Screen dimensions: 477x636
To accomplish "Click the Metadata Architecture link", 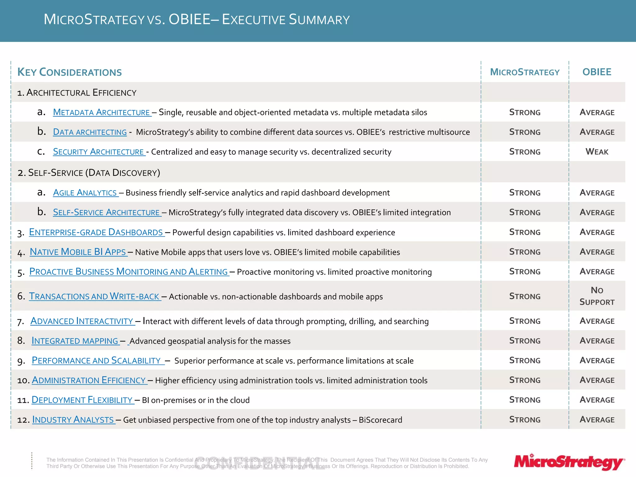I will click(x=102, y=112).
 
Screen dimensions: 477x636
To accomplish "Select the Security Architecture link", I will click(x=99, y=152).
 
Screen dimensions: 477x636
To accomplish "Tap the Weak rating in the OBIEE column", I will click(x=597, y=152).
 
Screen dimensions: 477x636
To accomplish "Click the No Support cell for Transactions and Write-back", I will click(x=597, y=296).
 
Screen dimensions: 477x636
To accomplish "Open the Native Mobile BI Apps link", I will click(x=78, y=252).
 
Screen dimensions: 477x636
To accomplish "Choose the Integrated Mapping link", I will click(x=75, y=341).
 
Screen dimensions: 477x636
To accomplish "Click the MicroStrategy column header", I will click(x=525, y=72).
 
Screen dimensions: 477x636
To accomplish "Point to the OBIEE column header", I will click(x=597, y=72).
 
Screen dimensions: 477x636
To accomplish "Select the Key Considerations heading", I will click(x=70, y=72).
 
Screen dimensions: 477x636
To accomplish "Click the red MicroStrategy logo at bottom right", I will click(x=569, y=462).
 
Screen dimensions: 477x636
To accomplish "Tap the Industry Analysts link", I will click(x=73, y=420).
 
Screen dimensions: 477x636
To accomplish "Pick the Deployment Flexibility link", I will click(x=82, y=400).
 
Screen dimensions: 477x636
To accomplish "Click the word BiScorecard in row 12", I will click(x=380, y=420).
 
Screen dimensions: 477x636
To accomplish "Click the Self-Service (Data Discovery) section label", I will click(x=89, y=173).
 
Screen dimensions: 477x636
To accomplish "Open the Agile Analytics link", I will click(x=85, y=193).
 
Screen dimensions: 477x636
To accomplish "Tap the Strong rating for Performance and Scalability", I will click(x=525, y=361).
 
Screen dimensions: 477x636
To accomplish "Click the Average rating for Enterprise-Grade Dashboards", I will click(x=597, y=232).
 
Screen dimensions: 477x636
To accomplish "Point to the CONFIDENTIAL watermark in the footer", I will click(x=259, y=463).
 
